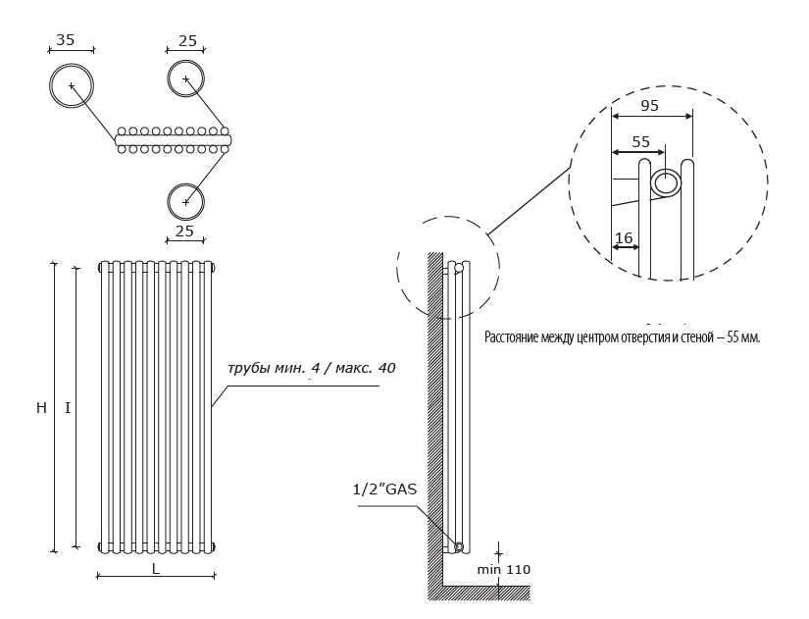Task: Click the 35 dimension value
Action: pos(66,40)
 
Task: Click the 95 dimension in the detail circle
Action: pos(649,105)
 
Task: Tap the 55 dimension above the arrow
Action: pos(640,141)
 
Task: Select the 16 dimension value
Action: pos(624,238)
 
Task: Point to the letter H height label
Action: pos(41,408)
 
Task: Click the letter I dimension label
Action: pos(68,408)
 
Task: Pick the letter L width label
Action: pos(156,568)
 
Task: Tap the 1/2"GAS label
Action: pos(384,489)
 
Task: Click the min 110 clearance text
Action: pos(504,569)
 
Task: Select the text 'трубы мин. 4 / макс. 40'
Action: pos(311,368)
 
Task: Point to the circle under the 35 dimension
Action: pos(72,85)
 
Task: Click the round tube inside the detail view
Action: pos(666,183)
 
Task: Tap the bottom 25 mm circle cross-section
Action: pos(185,201)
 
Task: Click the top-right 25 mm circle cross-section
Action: pos(185,78)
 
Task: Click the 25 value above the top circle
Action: pos(187,41)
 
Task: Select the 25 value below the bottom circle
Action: pos(184,231)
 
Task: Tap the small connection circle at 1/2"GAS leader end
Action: pos(458,546)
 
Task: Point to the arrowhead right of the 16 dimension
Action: pos(636,247)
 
